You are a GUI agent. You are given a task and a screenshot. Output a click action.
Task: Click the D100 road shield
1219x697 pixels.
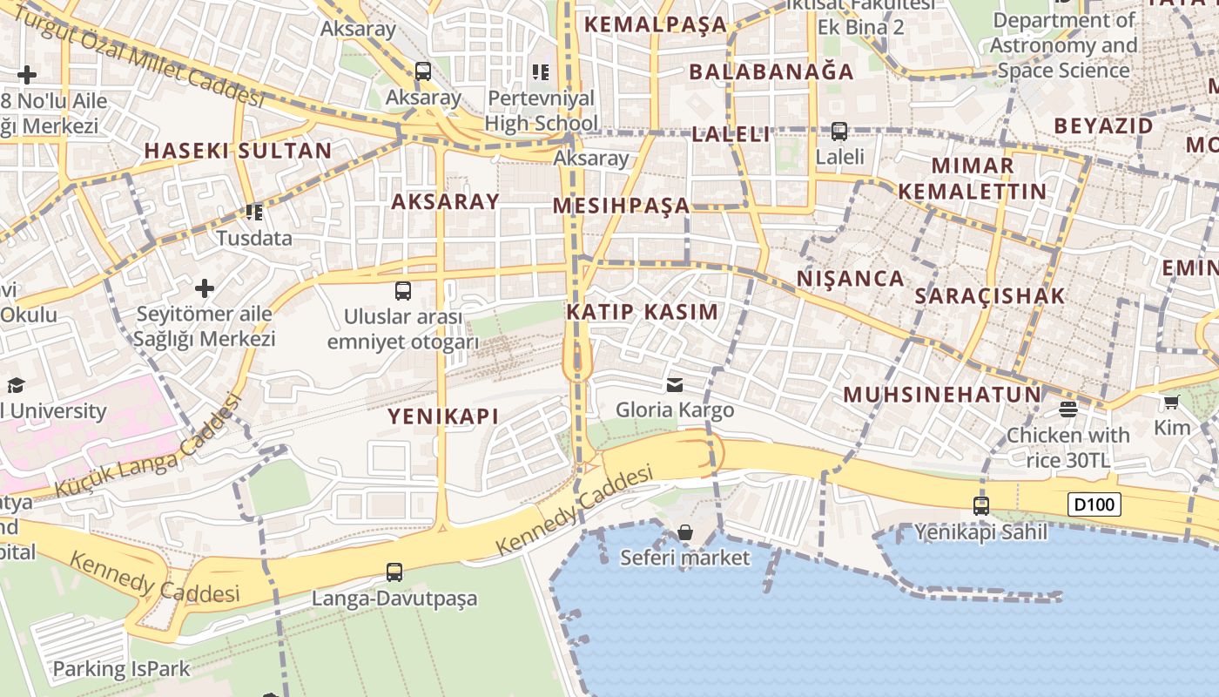(x=1094, y=504)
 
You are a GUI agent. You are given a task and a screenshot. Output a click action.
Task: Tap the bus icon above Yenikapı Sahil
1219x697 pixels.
(x=981, y=505)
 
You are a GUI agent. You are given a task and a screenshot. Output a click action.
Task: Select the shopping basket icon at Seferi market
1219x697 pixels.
(x=685, y=532)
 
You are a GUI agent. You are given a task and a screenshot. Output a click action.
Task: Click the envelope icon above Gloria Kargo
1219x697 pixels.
(x=674, y=385)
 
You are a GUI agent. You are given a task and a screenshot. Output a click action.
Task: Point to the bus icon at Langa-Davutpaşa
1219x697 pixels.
(x=394, y=572)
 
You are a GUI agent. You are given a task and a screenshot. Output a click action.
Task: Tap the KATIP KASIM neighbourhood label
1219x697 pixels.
(x=643, y=312)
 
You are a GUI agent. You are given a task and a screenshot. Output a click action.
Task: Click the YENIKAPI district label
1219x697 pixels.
(x=443, y=416)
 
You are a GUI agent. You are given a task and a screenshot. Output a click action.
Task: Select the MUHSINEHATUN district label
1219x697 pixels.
(x=942, y=395)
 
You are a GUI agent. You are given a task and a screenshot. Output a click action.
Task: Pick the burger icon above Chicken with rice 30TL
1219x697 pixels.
(x=1068, y=409)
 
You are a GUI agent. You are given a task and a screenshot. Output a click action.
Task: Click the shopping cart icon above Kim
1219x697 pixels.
(x=1171, y=403)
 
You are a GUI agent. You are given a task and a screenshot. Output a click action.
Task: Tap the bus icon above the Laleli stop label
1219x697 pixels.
(x=839, y=132)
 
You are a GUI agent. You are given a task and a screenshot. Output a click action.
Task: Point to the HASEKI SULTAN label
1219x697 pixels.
(x=238, y=151)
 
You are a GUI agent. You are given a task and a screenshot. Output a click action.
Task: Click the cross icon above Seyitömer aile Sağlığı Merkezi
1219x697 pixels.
(x=205, y=288)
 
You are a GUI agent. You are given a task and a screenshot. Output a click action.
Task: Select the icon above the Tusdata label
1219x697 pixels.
(x=254, y=212)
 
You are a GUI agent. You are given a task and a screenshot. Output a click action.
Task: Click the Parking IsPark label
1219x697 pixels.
(x=121, y=669)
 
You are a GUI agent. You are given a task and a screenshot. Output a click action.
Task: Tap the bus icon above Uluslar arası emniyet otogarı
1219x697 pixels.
(x=402, y=291)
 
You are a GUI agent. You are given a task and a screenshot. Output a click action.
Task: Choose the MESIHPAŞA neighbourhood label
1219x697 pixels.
(x=621, y=206)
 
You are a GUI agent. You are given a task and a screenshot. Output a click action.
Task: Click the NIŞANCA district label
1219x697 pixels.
(x=851, y=279)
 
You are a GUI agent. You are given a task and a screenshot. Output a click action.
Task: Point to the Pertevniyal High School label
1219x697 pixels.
(x=541, y=111)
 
